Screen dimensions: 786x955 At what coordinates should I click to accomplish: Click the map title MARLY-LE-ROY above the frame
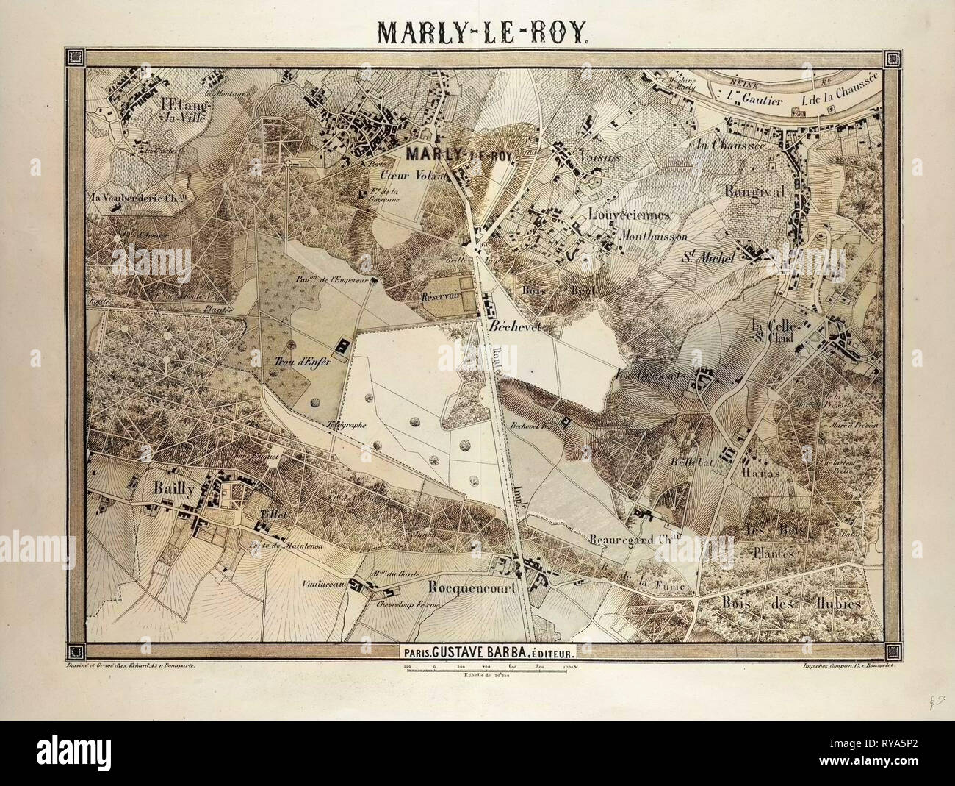477,32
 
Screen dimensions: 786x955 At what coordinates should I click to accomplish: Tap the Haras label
765,474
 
